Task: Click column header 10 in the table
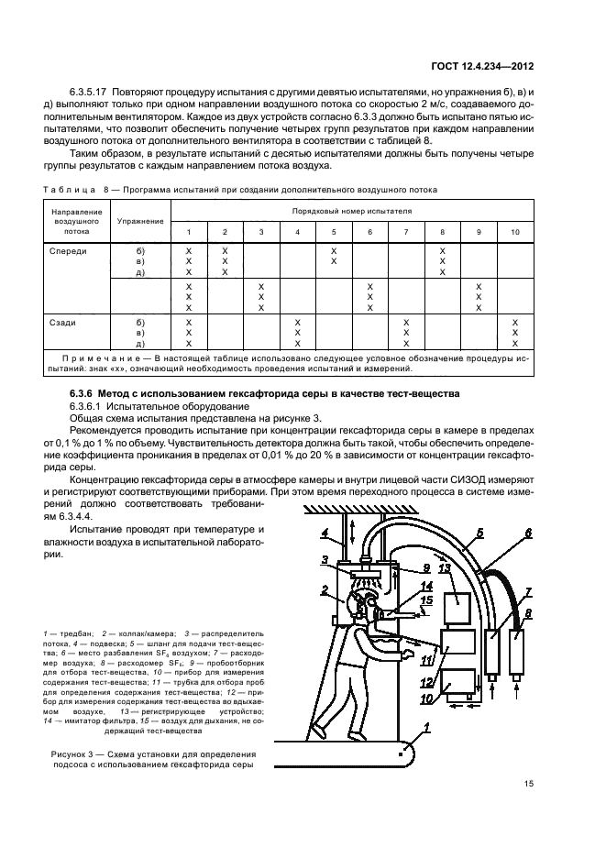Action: click(515, 232)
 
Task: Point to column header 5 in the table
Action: click(334, 232)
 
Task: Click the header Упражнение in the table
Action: click(140, 221)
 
